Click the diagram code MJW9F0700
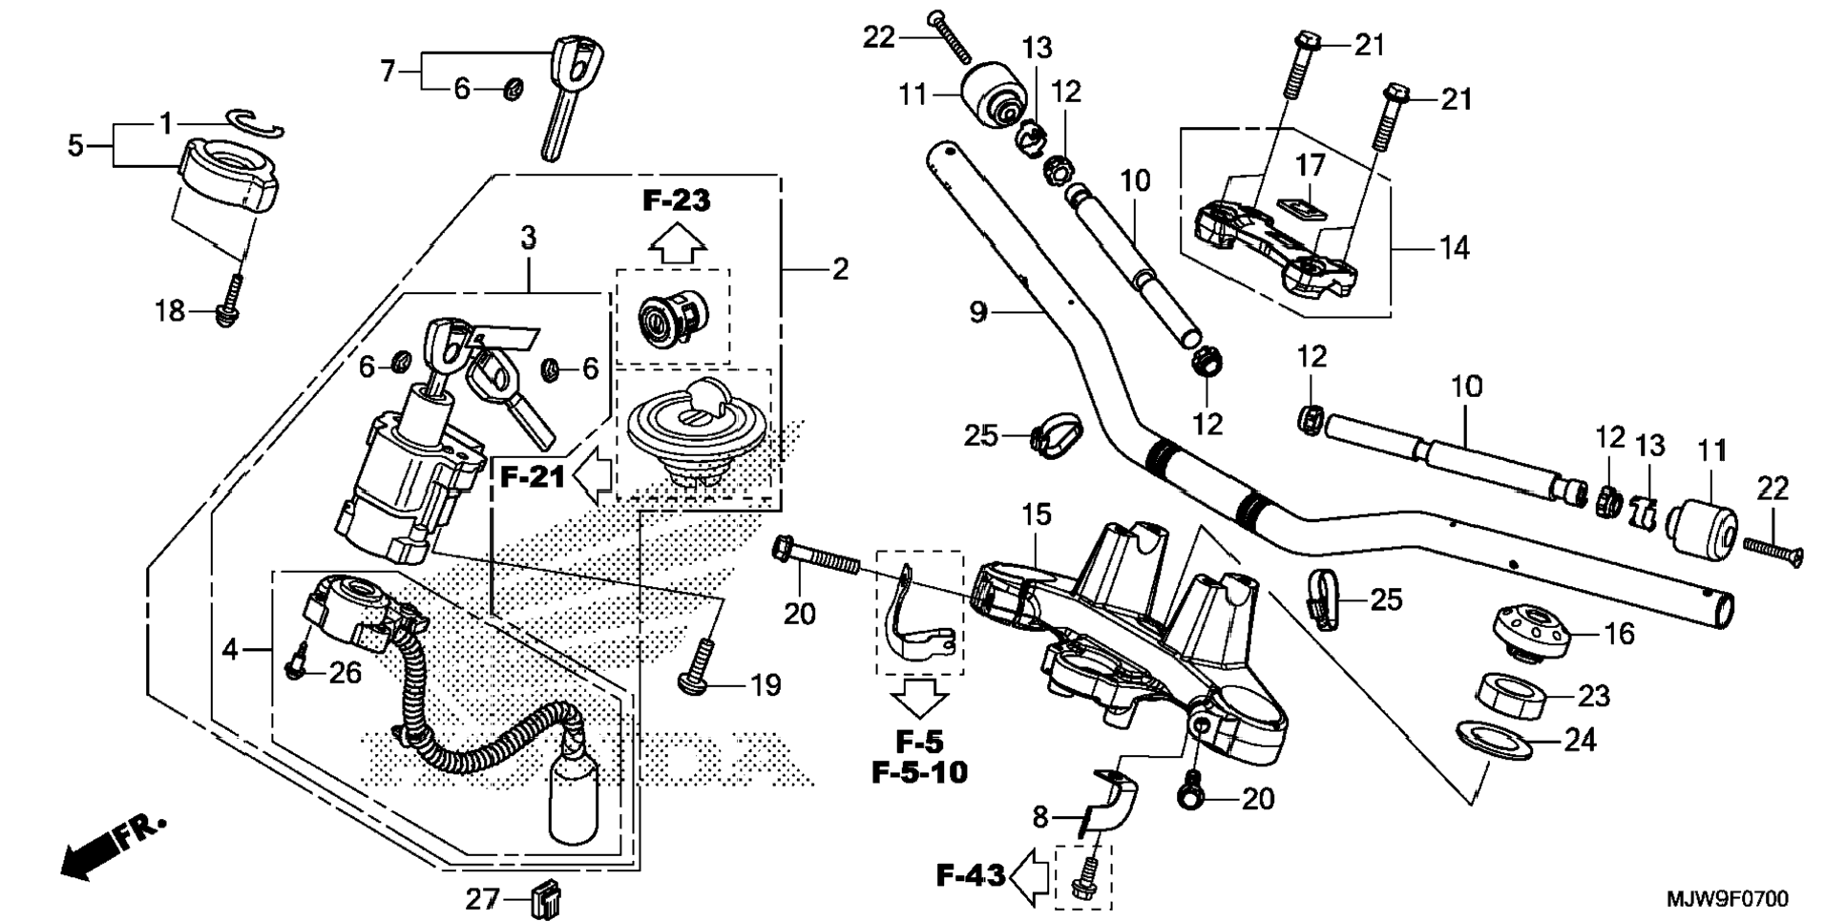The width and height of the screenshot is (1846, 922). click(1728, 898)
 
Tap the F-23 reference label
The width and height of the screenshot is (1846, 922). click(676, 200)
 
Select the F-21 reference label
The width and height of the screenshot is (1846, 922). click(533, 476)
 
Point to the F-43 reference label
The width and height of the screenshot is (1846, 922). click(970, 874)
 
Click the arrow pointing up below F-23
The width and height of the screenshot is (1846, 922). click(677, 242)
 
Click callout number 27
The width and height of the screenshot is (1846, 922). click(483, 899)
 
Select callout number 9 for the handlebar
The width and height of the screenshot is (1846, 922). click(977, 312)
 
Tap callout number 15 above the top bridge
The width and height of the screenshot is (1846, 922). click(1036, 515)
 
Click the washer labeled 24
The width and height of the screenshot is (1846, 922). click(1494, 741)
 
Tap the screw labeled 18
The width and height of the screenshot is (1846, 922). click(229, 303)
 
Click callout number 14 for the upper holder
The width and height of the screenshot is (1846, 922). click(1454, 248)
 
